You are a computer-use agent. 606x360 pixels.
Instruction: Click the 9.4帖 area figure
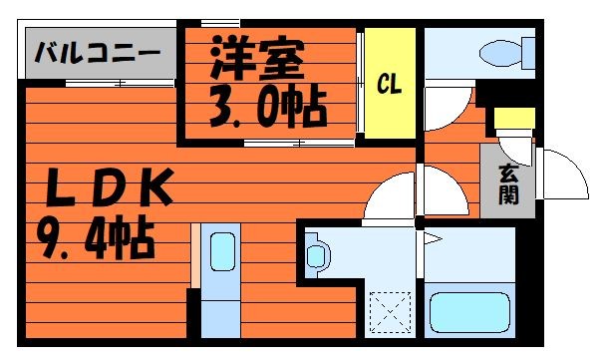(97, 238)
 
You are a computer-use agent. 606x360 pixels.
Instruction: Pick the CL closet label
(389, 85)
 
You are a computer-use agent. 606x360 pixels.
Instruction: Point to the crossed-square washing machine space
(390, 308)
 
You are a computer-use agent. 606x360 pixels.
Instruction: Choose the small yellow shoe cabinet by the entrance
(514, 119)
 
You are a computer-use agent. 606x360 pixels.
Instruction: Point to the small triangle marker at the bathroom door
(433, 240)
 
